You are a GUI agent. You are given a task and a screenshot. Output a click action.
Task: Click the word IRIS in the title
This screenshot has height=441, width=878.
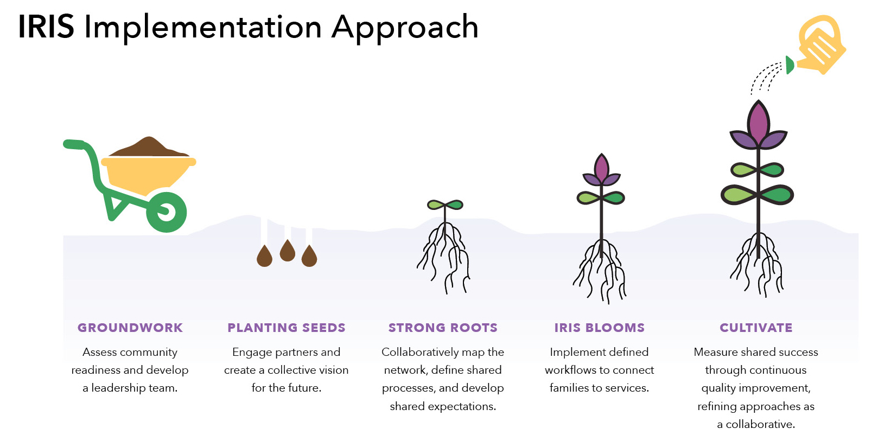pyautogui.click(x=46, y=27)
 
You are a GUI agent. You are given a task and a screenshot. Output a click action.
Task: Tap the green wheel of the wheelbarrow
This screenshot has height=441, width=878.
pyautogui.click(x=167, y=212)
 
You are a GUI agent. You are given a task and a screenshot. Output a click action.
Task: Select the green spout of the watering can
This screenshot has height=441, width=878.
pyautogui.click(x=790, y=65)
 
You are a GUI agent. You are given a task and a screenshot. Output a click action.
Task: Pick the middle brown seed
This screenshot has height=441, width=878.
pyautogui.click(x=287, y=250)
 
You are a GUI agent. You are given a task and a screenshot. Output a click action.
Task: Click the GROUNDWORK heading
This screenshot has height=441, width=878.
pyautogui.click(x=130, y=328)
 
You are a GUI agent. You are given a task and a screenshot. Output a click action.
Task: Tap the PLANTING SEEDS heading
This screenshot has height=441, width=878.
pyautogui.click(x=287, y=328)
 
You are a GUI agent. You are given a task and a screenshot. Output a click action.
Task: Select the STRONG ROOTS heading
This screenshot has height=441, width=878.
pyautogui.click(x=443, y=328)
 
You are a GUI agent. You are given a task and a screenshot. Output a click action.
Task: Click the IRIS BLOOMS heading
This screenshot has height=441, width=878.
pyautogui.click(x=599, y=328)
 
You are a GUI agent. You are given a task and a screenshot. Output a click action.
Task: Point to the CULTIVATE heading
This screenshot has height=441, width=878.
pyautogui.click(x=756, y=328)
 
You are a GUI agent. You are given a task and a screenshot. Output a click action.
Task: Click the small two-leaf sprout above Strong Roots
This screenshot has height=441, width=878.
pyautogui.click(x=445, y=205)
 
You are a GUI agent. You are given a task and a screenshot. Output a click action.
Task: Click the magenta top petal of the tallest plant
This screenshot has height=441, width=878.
pyautogui.click(x=758, y=122)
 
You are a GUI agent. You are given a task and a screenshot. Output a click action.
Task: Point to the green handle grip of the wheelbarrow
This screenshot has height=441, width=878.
pyautogui.click(x=74, y=144)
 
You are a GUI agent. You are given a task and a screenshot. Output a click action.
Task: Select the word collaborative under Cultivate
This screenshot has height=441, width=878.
pyautogui.click(x=760, y=424)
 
